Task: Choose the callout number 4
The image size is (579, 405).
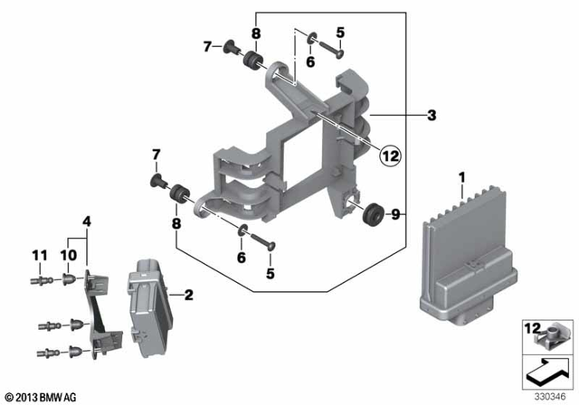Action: (87, 221)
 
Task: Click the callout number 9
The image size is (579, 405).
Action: (394, 214)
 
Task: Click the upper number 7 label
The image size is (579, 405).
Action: (206, 46)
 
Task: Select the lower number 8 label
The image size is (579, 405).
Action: (176, 221)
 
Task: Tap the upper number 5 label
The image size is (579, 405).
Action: (340, 33)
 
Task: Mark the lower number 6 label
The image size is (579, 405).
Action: (241, 258)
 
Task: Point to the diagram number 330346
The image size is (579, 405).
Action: (545, 395)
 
